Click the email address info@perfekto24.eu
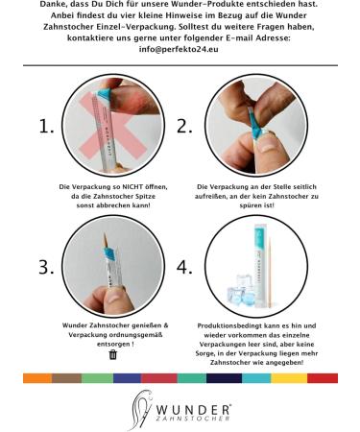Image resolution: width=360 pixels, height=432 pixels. point(179,50)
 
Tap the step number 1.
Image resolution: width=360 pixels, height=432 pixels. point(46,127)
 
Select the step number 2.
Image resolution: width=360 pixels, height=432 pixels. point(184,127)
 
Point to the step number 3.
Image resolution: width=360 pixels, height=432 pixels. point(46,267)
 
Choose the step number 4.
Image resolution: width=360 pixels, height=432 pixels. point(184,267)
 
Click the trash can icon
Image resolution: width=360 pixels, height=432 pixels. point(113,354)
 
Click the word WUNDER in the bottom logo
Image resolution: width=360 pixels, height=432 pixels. point(193,410)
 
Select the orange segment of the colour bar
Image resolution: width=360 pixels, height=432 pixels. point(37,378)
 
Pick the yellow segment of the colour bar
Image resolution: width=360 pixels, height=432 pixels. point(289,378)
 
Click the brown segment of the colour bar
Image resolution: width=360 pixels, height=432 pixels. point(67,378)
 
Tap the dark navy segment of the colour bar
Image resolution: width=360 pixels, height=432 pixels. point(224,378)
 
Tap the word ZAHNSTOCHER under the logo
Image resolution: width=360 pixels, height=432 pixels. point(193,419)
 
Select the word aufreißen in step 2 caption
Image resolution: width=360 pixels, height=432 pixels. point(210,196)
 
